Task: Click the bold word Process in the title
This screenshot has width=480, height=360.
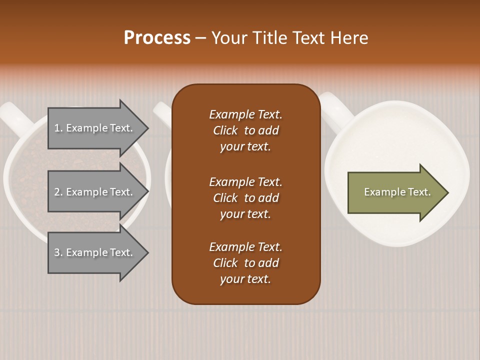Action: click(157, 38)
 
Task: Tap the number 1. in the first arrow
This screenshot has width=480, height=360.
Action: click(58, 128)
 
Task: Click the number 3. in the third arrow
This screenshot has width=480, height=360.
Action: click(58, 252)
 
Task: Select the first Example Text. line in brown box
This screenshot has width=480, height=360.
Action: click(245, 114)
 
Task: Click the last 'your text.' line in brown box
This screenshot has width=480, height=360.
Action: click(245, 279)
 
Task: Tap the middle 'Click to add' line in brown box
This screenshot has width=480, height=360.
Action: click(245, 198)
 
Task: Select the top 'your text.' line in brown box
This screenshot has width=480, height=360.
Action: click(245, 147)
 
